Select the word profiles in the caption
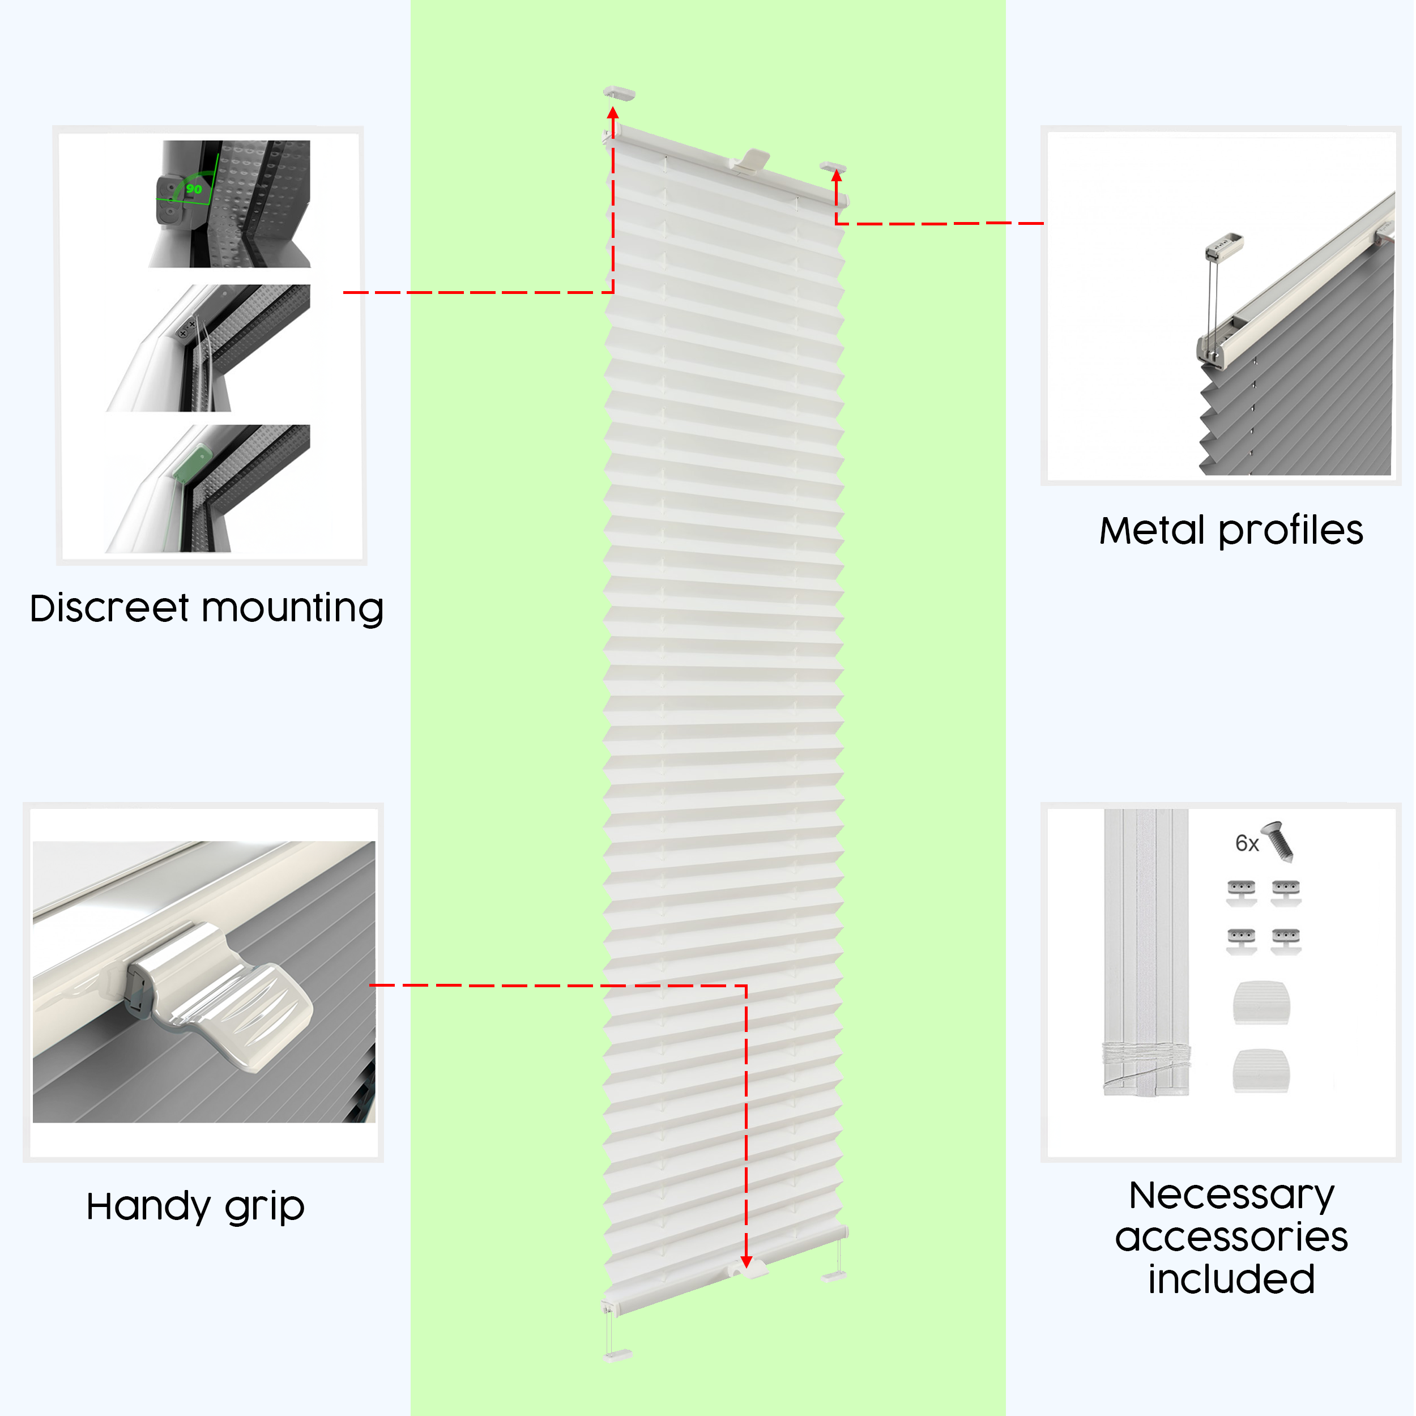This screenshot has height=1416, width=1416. click(1291, 531)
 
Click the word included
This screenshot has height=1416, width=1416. click(1231, 1279)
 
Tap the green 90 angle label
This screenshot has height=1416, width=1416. click(194, 189)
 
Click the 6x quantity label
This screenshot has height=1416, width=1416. click(1246, 843)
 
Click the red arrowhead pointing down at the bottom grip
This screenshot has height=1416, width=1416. click(746, 1261)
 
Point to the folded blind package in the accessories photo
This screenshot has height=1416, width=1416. click(1146, 953)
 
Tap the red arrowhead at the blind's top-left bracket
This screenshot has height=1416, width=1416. click(613, 114)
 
